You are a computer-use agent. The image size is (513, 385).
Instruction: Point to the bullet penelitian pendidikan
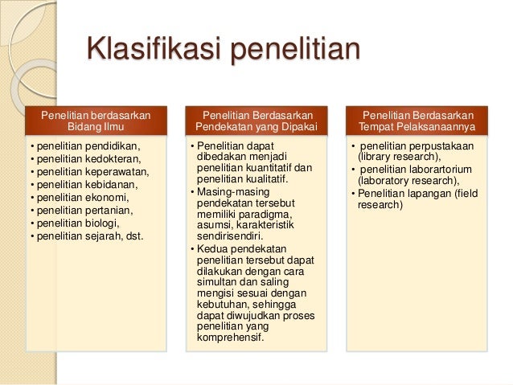pyautogui.click(x=85, y=146)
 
